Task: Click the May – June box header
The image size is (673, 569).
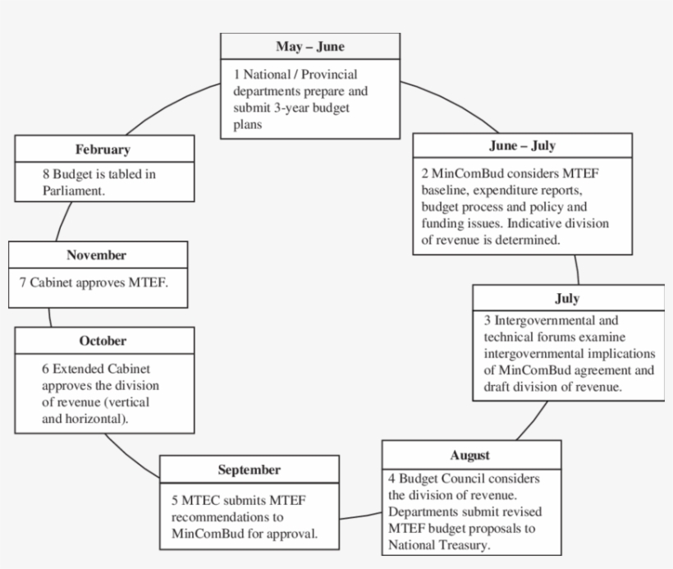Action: tap(310, 46)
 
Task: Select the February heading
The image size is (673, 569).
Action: tap(103, 149)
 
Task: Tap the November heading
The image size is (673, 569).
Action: tap(97, 255)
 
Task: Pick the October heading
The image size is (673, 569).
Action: tap(103, 341)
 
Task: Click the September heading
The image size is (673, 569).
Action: tap(250, 470)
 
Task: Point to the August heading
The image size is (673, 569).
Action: tap(470, 455)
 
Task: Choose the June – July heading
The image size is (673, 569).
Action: tap(522, 145)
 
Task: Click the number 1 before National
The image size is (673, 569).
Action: tap(236, 74)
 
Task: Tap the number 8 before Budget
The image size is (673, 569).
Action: tap(46, 174)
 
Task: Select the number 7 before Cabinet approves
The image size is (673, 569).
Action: tap(23, 282)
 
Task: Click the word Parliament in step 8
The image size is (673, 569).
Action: tap(73, 190)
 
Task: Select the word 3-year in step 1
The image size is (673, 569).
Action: tap(291, 108)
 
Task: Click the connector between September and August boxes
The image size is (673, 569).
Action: tap(360, 516)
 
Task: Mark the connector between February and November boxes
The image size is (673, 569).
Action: tap(63, 221)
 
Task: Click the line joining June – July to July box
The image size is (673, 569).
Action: tap(577, 269)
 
